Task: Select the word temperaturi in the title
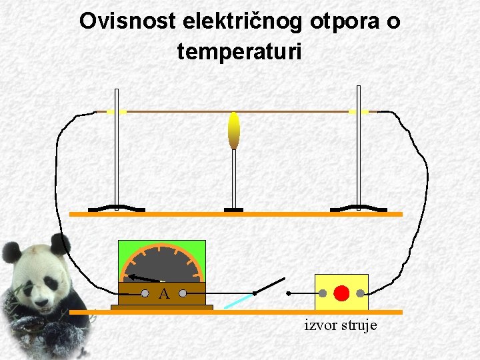pos(239,51)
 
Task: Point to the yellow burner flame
pos(233,131)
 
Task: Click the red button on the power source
pos(341,292)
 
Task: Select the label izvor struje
pos(341,325)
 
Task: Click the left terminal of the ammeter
pos(145,292)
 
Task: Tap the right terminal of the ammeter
pos(182,292)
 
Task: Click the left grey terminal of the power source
pos(322,292)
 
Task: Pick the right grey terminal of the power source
pos(360,292)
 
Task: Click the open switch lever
pos(269,286)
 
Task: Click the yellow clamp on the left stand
pos(117,111)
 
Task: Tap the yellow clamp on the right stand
pos(358,111)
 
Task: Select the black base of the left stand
pos(117,209)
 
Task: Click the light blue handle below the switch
pos(237,301)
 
